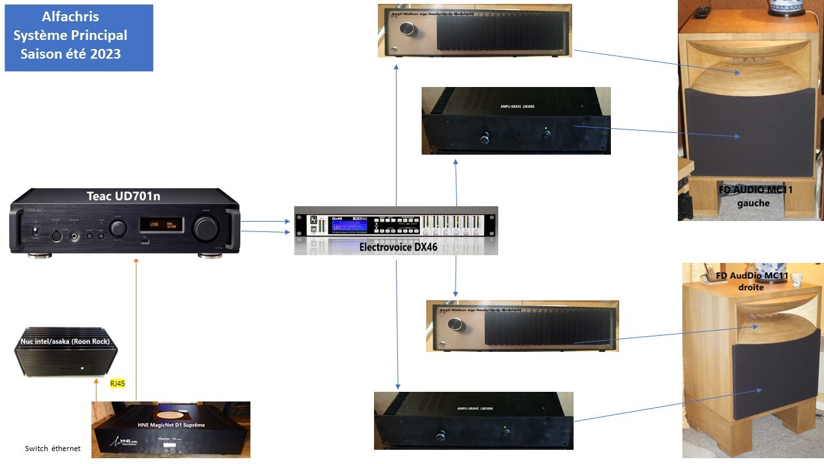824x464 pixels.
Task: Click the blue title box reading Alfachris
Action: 79,37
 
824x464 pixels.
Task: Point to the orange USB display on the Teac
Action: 162,225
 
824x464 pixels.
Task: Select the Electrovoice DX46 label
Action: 398,246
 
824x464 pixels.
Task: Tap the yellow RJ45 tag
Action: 117,383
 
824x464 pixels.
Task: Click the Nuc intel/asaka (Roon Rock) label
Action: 65,341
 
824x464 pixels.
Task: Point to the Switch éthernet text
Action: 53,449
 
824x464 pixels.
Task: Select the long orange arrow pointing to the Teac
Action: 136,329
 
